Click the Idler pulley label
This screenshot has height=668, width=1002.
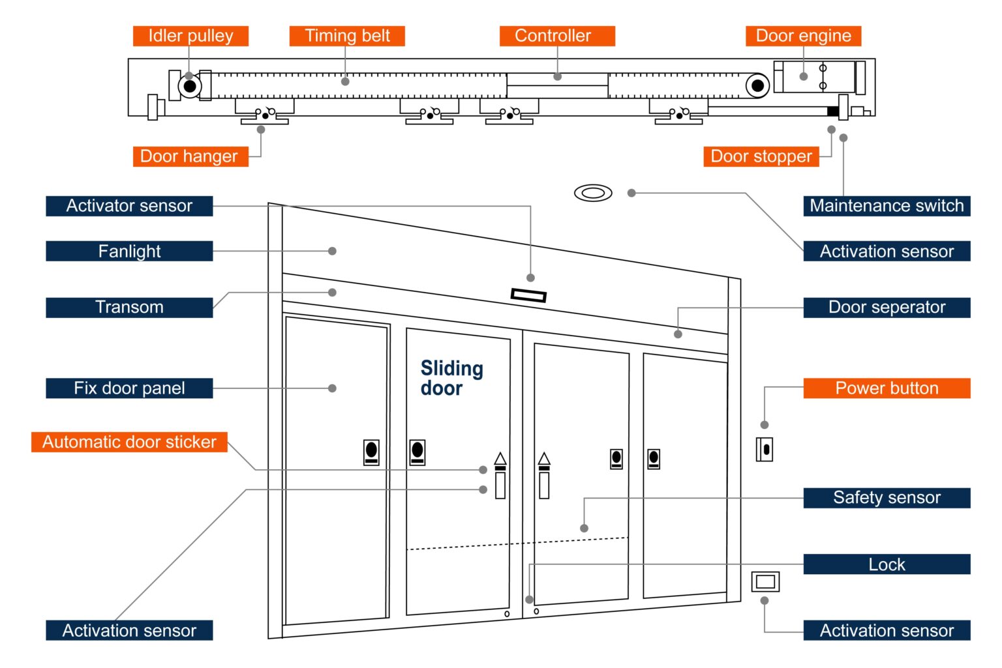click(x=190, y=36)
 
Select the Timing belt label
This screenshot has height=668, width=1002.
click(x=347, y=36)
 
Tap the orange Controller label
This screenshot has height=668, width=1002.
click(x=557, y=36)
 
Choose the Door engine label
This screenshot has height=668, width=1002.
click(x=803, y=36)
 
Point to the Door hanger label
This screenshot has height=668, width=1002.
click(x=190, y=156)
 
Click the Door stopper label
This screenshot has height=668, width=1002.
click(x=761, y=156)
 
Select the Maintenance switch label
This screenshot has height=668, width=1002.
click(x=887, y=206)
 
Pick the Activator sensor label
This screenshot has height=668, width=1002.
click(x=129, y=206)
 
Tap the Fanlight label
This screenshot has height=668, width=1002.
click(x=129, y=252)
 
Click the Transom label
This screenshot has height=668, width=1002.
click(x=129, y=308)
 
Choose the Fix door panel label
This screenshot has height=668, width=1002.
click(x=129, y=388)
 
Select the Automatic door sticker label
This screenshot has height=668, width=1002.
click(x=129, y=442)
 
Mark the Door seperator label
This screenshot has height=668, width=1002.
click(x=887, y=308)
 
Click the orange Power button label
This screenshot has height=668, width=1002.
click(x=887, y=388)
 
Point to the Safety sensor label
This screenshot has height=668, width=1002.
click(x=887, y=498)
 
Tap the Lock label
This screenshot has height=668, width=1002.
click(x=887, y=564)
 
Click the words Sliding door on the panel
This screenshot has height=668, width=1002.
click(x=451, y=378)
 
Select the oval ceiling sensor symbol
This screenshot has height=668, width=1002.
click(x=593, y=193)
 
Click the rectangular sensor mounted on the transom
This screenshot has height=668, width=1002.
click(x=528, y=296)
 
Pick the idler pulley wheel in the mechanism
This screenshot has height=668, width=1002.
click(x=190, y=86)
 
